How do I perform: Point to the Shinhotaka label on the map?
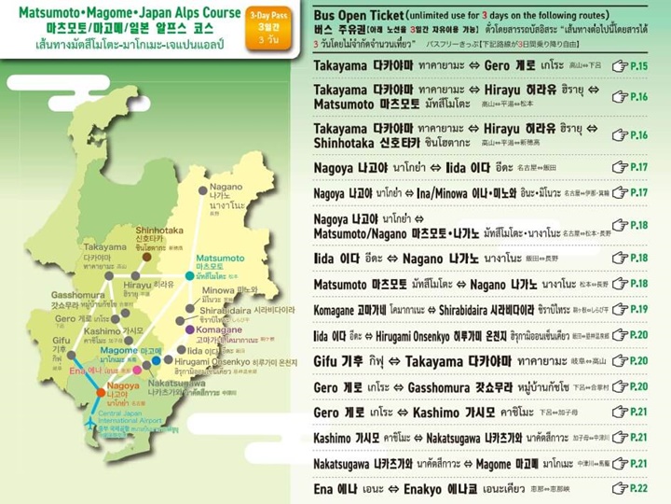click(x=159, y=230)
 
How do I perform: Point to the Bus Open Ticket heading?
click(x=372, y=16)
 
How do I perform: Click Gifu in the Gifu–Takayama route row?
click(x=325, y=360)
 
